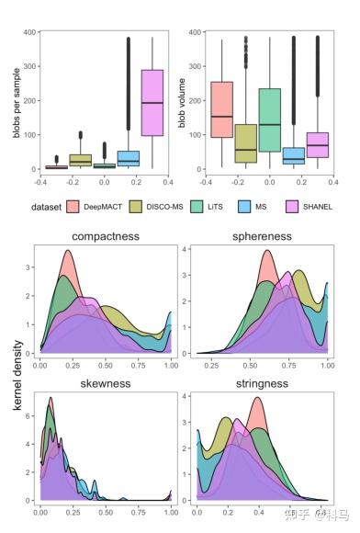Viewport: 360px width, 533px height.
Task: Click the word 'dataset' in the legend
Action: (x=45, y=207)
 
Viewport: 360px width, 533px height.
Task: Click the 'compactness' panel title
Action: (x=107, y=236)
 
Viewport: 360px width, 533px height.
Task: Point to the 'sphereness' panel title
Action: (x=263, y=236)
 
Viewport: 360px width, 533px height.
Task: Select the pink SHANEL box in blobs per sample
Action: (x=152, y=102)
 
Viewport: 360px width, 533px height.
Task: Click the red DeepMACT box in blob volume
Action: (x=221, y=109)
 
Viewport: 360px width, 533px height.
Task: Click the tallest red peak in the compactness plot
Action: (x=67, y=252)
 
